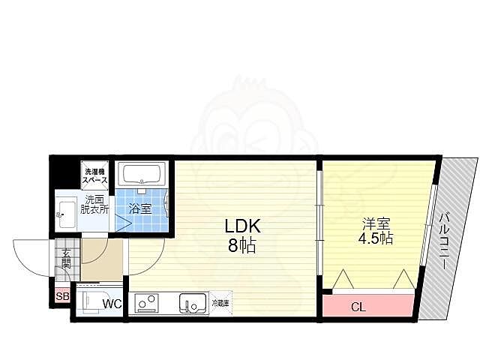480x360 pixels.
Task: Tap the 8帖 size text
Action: click(240, 244)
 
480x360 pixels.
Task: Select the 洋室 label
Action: click(375, 223)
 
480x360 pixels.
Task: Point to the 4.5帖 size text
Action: click(375, 239)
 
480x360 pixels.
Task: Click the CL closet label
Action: click(358, 306)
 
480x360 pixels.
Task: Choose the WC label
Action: click(112, 304)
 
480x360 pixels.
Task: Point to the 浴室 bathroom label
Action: click(140, 208)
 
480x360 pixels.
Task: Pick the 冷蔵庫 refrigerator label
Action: click(220, 302)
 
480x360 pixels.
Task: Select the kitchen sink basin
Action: click(190, 304)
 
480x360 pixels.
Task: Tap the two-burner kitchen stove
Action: click(145, 303)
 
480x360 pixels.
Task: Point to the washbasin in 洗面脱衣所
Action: click(64, 212)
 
